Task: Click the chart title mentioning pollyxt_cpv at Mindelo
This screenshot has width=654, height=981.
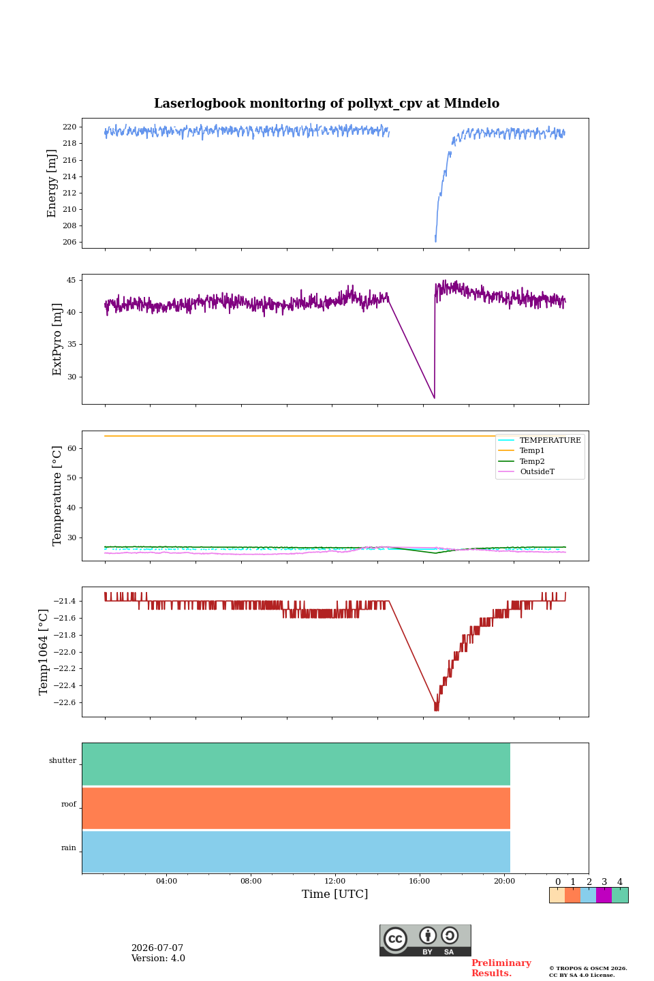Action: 326,104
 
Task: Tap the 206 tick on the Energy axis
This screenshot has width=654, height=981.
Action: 69,243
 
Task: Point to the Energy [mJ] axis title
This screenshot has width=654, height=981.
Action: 52,183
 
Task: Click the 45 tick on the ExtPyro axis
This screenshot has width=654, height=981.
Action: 71,280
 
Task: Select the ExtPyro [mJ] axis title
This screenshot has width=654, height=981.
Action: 57,339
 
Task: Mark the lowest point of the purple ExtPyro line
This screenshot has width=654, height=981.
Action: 434,398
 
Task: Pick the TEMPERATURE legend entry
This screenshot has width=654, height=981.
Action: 540,440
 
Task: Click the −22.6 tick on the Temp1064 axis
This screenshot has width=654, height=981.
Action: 65,702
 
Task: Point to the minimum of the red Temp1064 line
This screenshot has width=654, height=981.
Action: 436,710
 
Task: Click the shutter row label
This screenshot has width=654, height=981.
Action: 63,760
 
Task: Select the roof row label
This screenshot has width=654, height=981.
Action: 69,804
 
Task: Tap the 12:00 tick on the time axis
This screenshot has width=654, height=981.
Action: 334,881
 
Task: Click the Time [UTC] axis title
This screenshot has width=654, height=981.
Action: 334,894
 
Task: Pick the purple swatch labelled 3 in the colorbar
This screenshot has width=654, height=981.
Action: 604,895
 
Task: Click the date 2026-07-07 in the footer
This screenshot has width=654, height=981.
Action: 157,948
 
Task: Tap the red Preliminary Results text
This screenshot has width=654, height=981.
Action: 501,967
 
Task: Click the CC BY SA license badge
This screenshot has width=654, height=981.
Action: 425,940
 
